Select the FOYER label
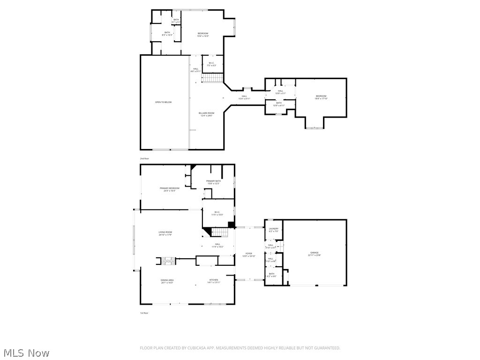(248, 255)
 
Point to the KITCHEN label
(214, 281)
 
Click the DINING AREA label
(167, 281)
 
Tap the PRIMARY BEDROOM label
(169, 189)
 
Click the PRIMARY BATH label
(213, 182)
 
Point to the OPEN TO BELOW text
(164, 102)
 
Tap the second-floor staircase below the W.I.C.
(211, 78)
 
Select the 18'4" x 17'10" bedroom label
(321, 97)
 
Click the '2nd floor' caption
(144, 159)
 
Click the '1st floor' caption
(144, 313)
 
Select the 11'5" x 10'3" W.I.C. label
(217, 213)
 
